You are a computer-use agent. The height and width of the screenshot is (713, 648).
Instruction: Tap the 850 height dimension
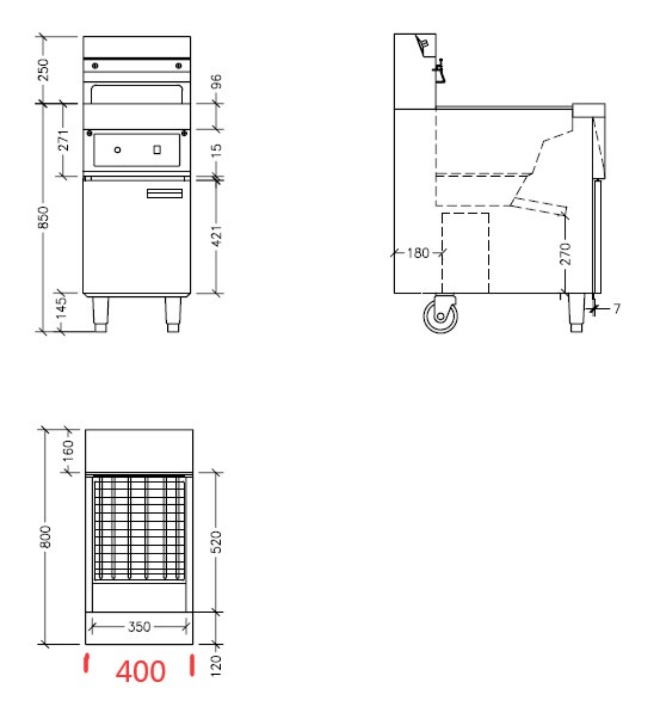click(43, 217)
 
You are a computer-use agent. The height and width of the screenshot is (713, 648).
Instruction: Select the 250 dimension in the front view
click(43, 70)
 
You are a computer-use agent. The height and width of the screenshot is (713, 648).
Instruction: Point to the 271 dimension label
click(64, 140)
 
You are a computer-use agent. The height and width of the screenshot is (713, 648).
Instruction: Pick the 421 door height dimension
click(217, 236)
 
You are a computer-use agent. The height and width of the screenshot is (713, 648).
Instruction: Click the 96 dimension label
click(217, 82)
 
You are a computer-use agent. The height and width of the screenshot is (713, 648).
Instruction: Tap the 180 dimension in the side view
click(418, 253)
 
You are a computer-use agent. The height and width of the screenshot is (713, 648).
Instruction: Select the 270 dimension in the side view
click(565, 253)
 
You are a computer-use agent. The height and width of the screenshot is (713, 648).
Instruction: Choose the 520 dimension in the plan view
click(217, 542)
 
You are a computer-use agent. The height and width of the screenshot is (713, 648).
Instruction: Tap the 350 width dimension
click(139, 627)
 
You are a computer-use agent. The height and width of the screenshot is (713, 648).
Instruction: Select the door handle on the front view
click(165, 194)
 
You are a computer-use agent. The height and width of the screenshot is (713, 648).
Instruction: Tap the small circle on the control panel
click(118, 150)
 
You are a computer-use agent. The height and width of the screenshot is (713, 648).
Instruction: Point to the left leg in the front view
click(100, 314)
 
